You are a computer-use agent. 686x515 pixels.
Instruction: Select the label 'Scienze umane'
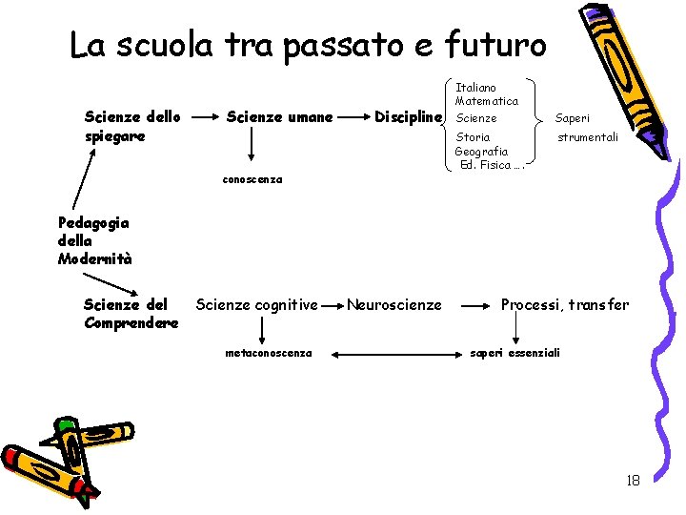pyautogui.click(x=279, y=117)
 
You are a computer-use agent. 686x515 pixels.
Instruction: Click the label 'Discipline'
pyautogui.click(x=409, y=117)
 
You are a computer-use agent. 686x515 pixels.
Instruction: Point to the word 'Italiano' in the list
pyautogui.click(x=475, y=88)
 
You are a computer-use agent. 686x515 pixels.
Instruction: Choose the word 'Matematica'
pyautogui.click(x=487, y=101)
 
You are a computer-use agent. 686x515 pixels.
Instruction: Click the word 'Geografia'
pyautogui.click(x=481, y=152)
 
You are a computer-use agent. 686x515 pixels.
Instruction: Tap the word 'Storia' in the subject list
pyautogui.click(x=473, y=138)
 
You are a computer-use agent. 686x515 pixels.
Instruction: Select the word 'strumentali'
pyautogui.click(x=588, y=137)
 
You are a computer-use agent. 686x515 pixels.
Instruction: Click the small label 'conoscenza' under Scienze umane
pyautogui.click(x=252, y=179)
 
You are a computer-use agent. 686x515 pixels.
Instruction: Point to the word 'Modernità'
pyautogui.click(x=94, y=258)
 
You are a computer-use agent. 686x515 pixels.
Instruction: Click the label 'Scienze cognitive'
pyautogui.click(x=256, y=305)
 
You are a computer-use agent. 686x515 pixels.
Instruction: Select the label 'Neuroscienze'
pyautogui.click(x=393, y=305)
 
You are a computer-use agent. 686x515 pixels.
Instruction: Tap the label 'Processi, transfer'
pyautogui.click(x=565, y=305)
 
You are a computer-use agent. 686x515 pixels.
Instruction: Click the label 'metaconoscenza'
pyautogui.click(x=268, y=353)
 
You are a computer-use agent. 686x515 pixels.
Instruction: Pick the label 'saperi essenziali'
pyautogui.click(x=515, y=353)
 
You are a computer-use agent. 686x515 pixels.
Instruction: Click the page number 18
pyautogui.click(x=633, y=481)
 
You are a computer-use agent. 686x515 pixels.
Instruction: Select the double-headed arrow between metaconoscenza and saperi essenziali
pyautogui.click(x=390, y=355)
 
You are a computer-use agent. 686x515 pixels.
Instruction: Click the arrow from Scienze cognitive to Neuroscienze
pyautogui.click(x=333, y=306)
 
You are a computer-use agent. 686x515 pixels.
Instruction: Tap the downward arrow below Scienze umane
pyautogui.click(x=252, y=144)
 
